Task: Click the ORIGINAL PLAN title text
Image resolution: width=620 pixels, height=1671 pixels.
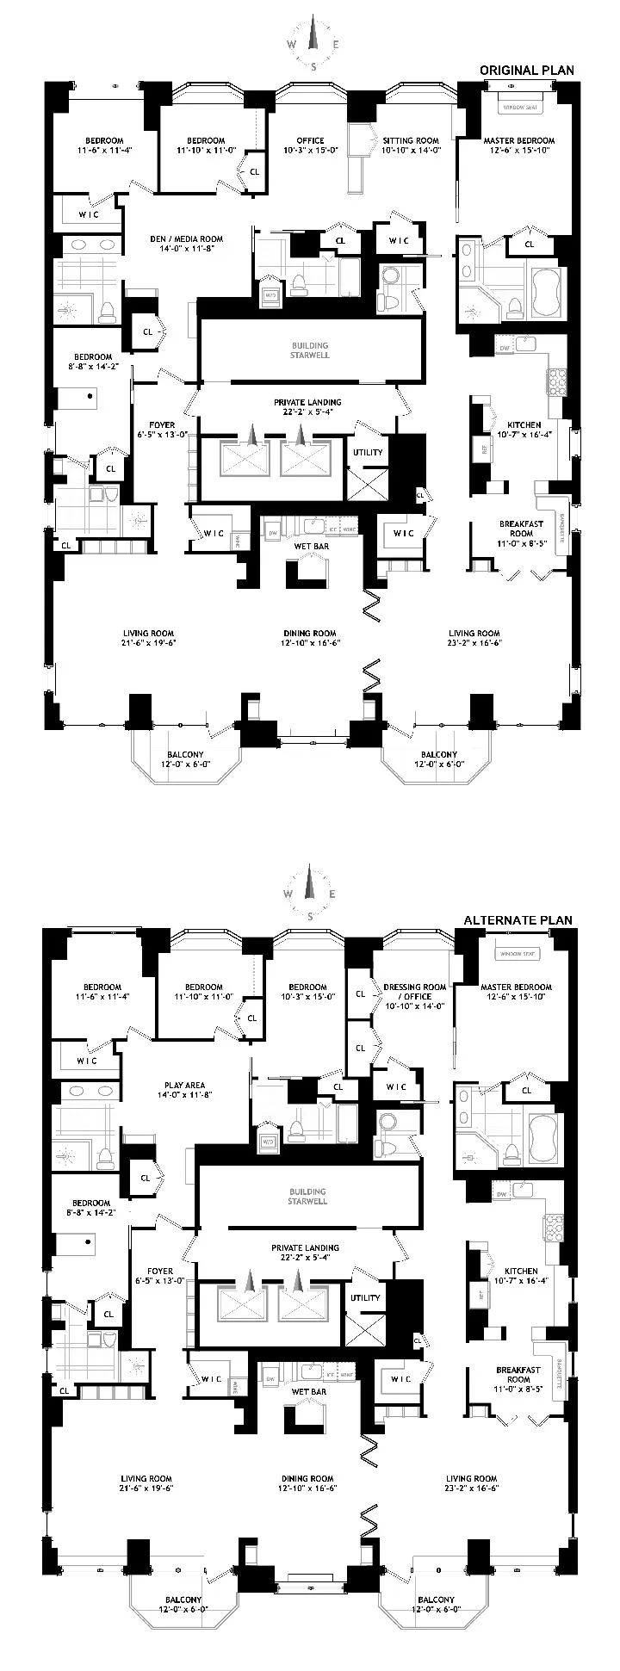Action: coord(526,70)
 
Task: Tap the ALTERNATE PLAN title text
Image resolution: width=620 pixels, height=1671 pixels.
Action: coord(518,919)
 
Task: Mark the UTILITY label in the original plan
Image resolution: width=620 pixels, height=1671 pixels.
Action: coord(366,452)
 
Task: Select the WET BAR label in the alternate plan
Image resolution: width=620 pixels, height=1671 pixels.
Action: coord(307,1391)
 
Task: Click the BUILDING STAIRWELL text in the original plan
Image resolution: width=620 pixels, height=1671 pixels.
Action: coord(310,350)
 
